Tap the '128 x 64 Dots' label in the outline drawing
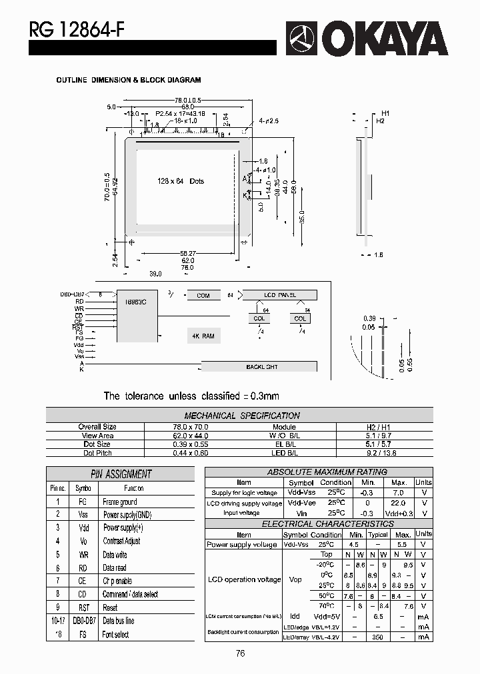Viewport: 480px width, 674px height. pos(181,181)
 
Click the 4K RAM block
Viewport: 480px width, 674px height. pos(203,336)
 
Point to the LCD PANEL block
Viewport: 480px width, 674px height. pos(280,294)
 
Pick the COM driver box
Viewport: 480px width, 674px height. pos(203,295)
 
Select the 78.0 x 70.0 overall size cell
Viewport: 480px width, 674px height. pos(177,427)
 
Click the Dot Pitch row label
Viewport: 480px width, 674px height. pos(97,453)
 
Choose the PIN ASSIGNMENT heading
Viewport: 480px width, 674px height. pos(121,474)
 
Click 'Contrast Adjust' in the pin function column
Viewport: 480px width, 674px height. pos(121,541)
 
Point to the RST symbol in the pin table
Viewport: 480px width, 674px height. pos(83,607)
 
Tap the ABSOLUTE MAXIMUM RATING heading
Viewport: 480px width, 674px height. pos(317,472)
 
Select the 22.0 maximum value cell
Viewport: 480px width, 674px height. pos(399,504)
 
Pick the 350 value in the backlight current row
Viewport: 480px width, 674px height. pos(377,637)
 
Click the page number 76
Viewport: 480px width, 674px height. pos(240,653)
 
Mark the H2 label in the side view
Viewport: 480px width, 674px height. pos(380,121)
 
